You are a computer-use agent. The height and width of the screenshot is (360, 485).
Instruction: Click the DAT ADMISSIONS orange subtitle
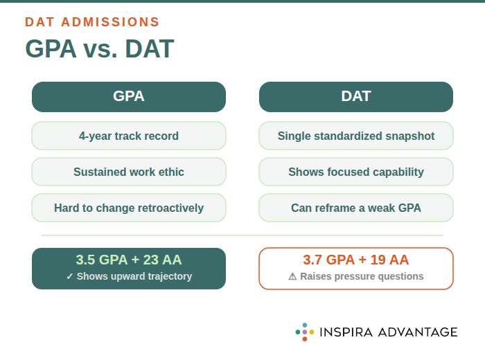tap(92, 22)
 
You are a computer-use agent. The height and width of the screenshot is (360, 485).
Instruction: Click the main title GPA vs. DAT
tap(99, 49)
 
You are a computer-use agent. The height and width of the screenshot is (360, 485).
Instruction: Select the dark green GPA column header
tap(129, 97)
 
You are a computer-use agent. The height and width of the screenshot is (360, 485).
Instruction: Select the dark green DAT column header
tap(356, 97)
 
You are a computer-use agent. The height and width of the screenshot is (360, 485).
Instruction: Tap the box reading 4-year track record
tap(129, 136)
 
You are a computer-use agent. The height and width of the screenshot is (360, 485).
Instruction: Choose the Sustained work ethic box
tap(129, 172)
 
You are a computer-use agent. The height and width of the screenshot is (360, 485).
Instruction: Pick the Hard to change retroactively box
tap(129, 208)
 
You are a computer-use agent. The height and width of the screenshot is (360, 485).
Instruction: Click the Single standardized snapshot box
tap(356, 136)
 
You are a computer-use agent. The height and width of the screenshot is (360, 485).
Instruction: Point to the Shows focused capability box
tap(356, 172)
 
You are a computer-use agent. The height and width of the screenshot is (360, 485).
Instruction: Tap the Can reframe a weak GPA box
tap(356, 208)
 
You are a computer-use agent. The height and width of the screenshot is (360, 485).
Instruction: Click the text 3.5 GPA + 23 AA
tap(129, 260)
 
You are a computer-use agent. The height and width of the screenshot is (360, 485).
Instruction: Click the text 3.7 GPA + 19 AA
tap(356, 260)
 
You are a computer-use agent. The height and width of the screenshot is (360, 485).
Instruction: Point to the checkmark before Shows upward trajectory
tap(70, 276)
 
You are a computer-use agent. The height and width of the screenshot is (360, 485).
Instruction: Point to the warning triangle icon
tap(292, 276)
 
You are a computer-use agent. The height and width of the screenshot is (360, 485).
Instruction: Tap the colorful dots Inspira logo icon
tap(305, 332)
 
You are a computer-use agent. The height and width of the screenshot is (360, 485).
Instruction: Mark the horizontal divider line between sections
tap(242, 235)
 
